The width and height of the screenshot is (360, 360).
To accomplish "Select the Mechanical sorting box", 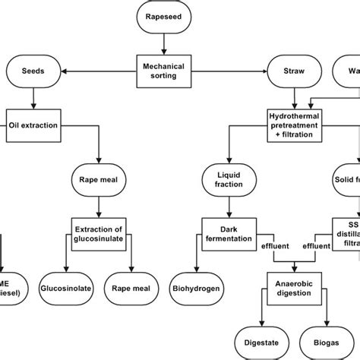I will [x=164, y=71].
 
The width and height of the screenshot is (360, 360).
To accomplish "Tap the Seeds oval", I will [x=33, y=71].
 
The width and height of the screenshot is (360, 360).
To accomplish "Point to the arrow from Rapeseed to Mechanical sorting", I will [x=164, y=43].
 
